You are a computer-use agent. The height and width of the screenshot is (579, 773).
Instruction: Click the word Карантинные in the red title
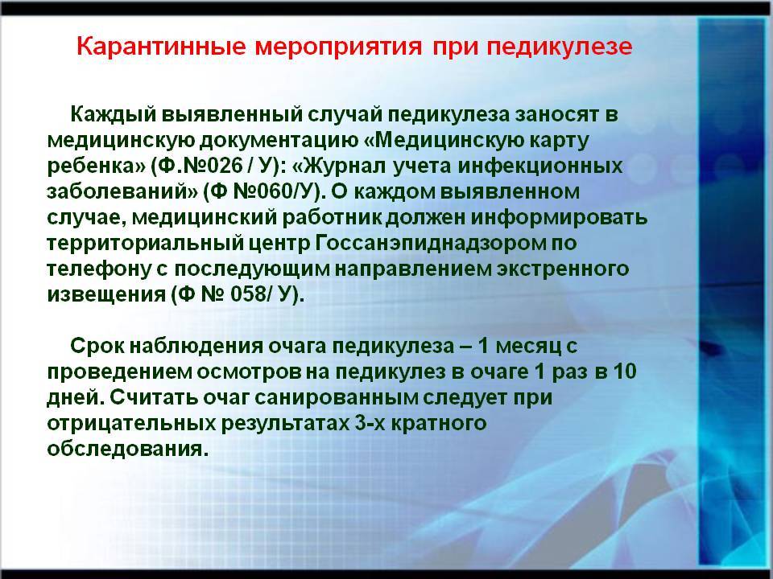(x=161, y=47)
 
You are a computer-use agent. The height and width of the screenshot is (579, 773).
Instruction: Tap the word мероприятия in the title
(x=338, y=47)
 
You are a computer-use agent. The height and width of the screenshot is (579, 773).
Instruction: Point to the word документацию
(x=280, y=141)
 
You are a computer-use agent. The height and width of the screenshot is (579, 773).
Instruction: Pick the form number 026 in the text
(x=222, y=166)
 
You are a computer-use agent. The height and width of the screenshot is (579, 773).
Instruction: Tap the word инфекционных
(x=540, y=166)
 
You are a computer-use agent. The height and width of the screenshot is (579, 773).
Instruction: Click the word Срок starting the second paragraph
(x=97, y=346)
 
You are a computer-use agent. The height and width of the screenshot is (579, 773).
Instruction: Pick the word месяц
(x=528, y=347)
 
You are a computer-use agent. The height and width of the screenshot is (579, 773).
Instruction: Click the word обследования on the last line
(x=126, y=449)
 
